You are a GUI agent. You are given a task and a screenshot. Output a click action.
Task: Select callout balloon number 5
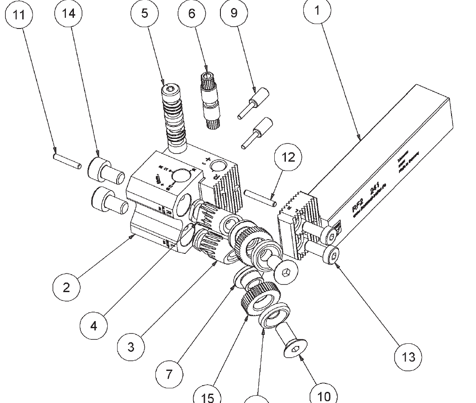pyautogui.click(x=145, y=14)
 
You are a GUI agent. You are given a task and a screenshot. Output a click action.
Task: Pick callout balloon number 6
pyautogui.click(x=192, y=14)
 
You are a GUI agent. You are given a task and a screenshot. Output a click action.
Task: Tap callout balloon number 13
pyautogui.click(x=408, y=356)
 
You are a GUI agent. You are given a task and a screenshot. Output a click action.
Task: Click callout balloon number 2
pyautogui.click(x=66, y=287)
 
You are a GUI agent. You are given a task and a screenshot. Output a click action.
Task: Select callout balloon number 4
pyautogui.click(x=94, y=326)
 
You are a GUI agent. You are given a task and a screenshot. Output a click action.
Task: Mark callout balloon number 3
pyautogui.click(x=131, y=346)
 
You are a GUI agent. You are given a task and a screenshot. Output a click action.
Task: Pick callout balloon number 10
pyautogui.click(x=324, y=395)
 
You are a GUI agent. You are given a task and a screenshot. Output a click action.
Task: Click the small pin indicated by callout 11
pyautogui.click(x=67, y=160)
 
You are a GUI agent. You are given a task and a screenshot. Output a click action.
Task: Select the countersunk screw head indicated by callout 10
pyautogui.click(x=296, y=349)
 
